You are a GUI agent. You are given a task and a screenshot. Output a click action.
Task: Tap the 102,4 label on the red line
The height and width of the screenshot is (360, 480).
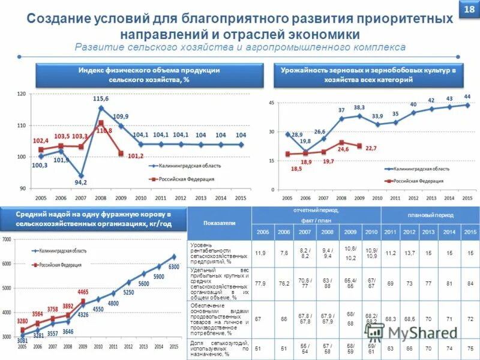[x=40, y=140]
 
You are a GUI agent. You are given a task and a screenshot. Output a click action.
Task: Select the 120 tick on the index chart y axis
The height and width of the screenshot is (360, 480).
[x=22, y=94]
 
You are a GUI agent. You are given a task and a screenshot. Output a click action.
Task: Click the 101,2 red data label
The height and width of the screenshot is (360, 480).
[x=136, y=156]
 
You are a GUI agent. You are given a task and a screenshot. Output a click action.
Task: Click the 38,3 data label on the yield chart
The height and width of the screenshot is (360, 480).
[x=359, y=107]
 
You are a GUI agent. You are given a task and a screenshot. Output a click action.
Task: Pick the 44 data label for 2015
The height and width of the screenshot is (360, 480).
[x=467, y=97]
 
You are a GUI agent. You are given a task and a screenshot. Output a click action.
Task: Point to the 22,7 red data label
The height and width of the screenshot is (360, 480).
[x=371, y=148]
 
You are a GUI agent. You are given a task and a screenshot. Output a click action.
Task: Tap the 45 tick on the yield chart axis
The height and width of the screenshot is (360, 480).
[x=272, y=103]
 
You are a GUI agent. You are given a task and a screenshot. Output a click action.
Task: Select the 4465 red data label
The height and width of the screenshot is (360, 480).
[x=83, y=292]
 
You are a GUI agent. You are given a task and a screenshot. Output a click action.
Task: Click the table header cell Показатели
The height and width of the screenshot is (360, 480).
[x=219, y=223]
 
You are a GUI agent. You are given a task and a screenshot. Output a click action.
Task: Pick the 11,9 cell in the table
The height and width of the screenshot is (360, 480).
[x=261, y=254]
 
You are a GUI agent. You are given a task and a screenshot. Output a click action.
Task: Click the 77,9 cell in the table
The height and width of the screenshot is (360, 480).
[x=261, y=283]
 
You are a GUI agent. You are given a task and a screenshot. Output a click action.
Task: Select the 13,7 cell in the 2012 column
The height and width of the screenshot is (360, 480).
[x=409, y=254]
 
